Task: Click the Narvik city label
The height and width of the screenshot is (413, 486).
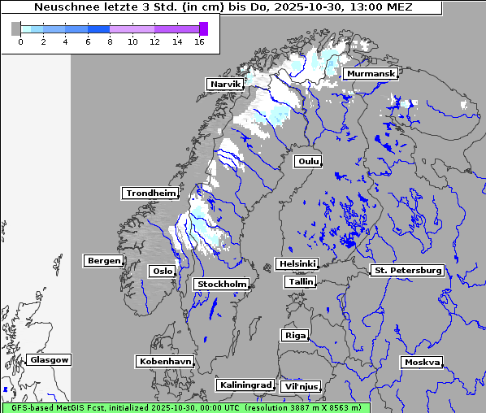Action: point(225,84)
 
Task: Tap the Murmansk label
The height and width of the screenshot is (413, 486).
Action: point(371,74)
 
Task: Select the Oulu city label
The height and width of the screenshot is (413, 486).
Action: point(307,161)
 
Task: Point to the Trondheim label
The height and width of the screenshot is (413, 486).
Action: point(150,193)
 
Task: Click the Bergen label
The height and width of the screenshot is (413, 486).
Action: point(102,261)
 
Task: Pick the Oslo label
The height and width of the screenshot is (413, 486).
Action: point(162,271)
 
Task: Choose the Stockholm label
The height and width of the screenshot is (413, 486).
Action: point(221,284)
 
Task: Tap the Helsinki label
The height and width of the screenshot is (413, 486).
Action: point(296,264)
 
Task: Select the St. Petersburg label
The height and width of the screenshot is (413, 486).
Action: point(406,270)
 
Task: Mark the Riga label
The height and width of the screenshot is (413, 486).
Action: point(294,335)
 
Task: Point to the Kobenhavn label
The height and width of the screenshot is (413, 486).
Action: point(165,361)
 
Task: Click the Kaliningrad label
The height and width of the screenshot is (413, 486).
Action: point(245,385)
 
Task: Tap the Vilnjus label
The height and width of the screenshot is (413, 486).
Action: point(300,387)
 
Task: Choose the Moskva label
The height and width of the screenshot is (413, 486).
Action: point(422,362)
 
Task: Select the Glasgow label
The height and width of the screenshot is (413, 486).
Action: point(50,359)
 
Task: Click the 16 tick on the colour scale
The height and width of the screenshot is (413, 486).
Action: point(198,42)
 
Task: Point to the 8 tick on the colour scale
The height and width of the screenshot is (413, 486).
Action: point(110,42)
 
